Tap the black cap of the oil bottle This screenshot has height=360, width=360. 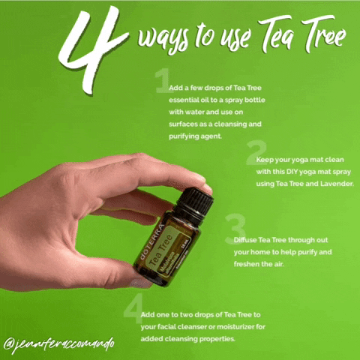click(196, 202)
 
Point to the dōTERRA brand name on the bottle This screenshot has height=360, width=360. click(151, 241)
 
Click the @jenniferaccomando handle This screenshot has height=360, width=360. click(59, 345)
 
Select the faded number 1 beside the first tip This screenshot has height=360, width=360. click(163, 80)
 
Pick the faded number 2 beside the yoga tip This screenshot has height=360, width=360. click(256, 152)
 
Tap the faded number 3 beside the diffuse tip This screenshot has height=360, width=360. click(235, 229)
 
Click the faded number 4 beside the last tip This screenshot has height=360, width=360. click(133, 308)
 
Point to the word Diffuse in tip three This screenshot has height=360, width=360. click(245, 240)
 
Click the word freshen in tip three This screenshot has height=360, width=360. click(247, 264)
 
